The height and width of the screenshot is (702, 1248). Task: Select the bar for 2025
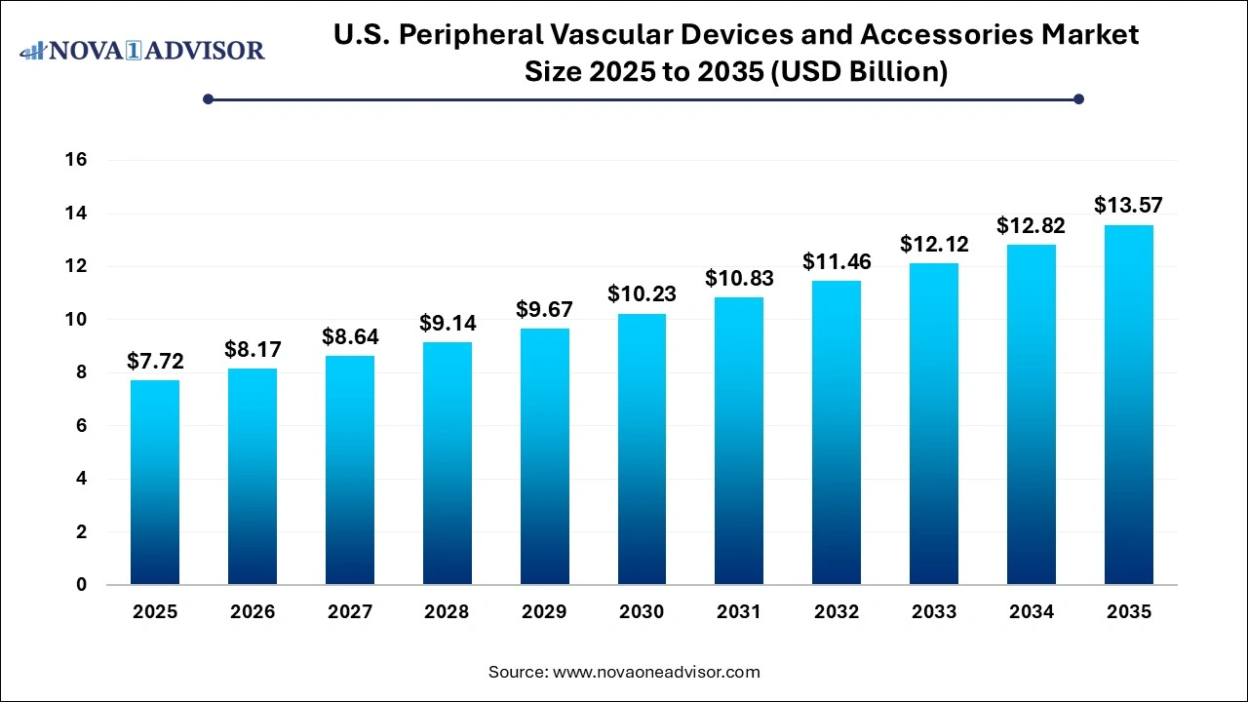pos(155,483)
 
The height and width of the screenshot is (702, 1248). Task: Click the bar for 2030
pos(642,449)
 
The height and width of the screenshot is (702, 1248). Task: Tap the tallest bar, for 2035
pos(1129,405)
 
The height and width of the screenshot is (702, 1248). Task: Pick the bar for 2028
pos(447,463)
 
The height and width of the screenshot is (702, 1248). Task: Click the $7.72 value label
pos(155,362)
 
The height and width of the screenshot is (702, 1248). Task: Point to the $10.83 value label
pos(739,279)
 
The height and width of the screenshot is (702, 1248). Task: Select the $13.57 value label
pos(1129,206)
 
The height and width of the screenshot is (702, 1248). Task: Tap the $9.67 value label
pos(544,310)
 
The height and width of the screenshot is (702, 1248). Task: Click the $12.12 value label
pos(934,245)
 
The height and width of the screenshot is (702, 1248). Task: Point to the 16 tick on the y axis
pos(76,160)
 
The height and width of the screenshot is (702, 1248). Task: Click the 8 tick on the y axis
pos(81,372)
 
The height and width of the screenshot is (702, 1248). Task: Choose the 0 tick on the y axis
pos(81,585)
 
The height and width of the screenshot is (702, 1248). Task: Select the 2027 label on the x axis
pos(350,612)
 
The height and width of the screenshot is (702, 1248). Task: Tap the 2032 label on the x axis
pos(837,612)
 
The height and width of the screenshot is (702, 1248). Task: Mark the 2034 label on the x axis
pos(1032,612)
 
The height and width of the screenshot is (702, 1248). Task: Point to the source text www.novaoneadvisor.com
pos(656,672)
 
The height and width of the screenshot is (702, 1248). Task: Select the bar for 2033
pos(934,424)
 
